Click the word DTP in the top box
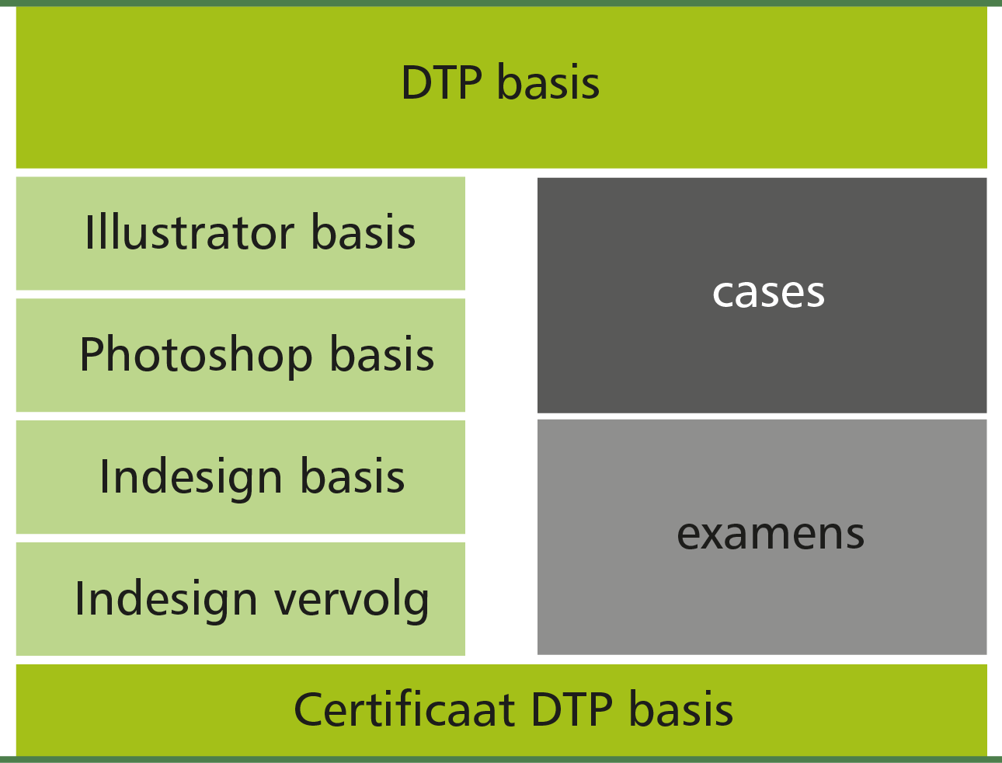coord(441,83)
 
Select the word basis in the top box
coord(548,82)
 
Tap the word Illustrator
coord(190,232)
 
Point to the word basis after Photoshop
coord(381,354)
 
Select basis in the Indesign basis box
coord(352,476)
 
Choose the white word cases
coord(768,294)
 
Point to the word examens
coord(771,535)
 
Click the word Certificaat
coord(405,709)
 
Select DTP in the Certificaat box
coord(572,710)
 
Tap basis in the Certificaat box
coord(680,709)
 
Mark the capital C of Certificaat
coord(310,709)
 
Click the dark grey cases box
coord(762,295)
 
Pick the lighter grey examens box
coord(762,537)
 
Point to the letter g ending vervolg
coord(417,606)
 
